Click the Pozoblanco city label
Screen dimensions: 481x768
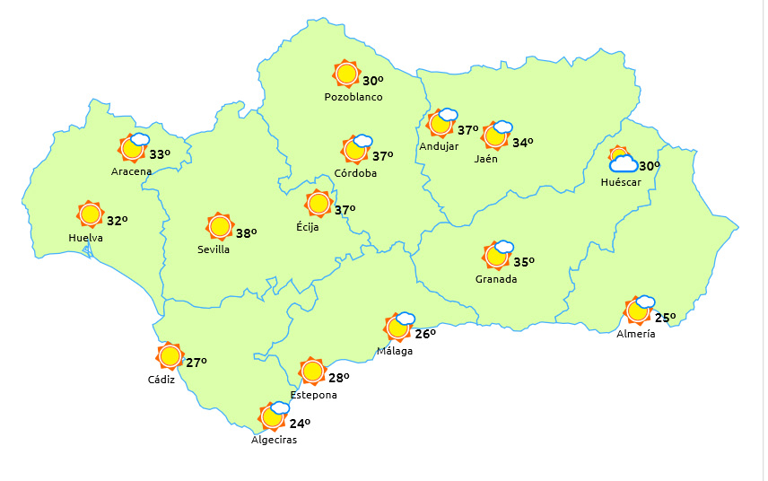[x=353, y=97]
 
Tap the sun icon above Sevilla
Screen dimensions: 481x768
[x=220, y=226]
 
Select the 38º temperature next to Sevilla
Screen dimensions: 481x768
[x=246, y=233]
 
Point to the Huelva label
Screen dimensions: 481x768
[x=85, y=238]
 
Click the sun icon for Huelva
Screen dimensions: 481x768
[x=90, y=214]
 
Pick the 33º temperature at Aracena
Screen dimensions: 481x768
[x=160, y=154]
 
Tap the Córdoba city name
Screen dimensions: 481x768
[x=354, y=173]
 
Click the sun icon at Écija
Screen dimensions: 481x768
[x=318, y=204]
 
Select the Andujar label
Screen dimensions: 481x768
[x=439, y=147]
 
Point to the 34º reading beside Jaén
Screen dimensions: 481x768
[x=523, y=143]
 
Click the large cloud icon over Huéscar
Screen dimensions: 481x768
[x=624, y=163]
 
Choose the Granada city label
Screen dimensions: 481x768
[x=496, y=279]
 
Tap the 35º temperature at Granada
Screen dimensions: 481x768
[x=524, y=262]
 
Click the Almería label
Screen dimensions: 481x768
[x=636, y=334]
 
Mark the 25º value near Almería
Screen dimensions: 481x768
[x=665, y=318]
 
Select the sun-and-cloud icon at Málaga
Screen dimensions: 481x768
[x=399, y=327]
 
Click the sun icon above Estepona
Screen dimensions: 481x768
[x=312, y=371]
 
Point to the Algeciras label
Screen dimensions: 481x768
[x=274, y=440]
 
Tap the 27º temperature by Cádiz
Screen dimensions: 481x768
[x=196, y=363]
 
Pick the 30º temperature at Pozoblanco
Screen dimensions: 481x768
[x=373, y=81]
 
